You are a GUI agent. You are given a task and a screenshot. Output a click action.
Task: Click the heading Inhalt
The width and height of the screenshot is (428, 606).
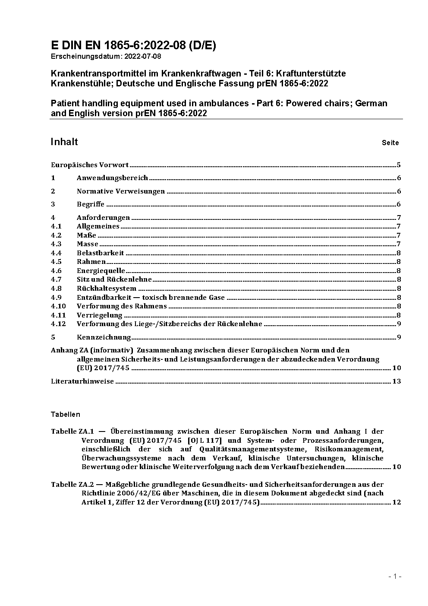(x=64, y=142)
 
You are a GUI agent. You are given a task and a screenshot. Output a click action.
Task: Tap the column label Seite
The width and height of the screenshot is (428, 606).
(x=390, y=143)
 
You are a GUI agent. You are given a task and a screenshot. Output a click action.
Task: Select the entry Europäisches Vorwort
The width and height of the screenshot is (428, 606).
(x=90, y=165)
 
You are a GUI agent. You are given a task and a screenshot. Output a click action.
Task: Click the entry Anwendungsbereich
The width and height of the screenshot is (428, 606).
(x=112, y=178)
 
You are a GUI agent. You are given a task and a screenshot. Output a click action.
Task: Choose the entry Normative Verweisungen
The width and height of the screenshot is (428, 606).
(x=121, y=191)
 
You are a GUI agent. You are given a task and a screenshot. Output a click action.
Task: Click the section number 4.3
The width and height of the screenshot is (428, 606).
(x=56, y=244)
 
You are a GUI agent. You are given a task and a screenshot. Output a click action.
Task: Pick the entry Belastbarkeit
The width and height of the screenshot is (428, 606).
(x=100, y=253)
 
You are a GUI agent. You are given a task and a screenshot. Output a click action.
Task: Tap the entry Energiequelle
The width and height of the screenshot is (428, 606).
(x=101, y=271)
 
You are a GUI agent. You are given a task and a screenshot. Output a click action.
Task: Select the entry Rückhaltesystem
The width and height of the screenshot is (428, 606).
(x=107, y=289)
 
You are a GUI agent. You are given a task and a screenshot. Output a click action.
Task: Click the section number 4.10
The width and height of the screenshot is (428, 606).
(x=58, y=306)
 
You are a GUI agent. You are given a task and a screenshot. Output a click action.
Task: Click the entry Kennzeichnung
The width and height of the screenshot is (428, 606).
(x=104, y=337)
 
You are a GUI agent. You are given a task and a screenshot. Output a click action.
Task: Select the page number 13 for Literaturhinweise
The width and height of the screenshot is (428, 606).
(x=397, y=381)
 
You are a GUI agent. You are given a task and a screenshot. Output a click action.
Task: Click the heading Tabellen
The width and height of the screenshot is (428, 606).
(x=66, y=414)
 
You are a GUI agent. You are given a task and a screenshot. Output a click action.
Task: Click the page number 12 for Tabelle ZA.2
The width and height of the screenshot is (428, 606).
(x=397, y=502)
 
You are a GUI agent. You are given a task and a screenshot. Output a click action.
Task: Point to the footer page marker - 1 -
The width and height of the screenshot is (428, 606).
(x=395, y=576)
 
